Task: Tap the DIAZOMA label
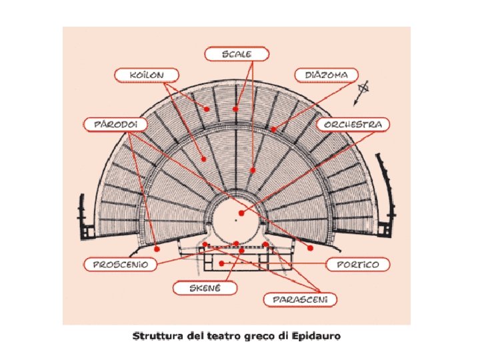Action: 326,75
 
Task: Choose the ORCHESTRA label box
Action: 353,124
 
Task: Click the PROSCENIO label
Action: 120,264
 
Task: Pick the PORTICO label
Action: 357,264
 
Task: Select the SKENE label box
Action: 206,288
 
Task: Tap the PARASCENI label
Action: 300,299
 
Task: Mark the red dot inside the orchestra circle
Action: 242,213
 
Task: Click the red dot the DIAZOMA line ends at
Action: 273,128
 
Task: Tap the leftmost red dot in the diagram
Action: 157,248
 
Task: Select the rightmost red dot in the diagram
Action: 311,248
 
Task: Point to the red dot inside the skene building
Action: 221,264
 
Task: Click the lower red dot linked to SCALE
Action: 253,170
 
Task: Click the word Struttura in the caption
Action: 157,335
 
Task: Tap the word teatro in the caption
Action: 224,335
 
